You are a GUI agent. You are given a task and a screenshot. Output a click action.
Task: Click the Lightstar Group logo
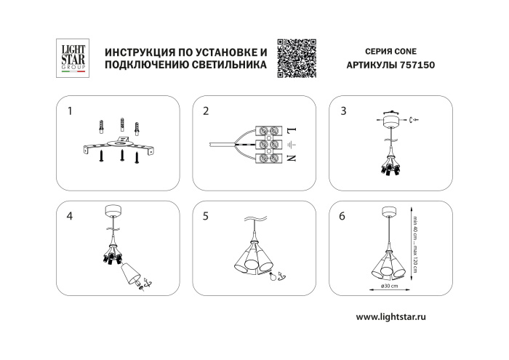click(71, 57)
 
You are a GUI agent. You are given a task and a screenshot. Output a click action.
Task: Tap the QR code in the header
click(298, 56)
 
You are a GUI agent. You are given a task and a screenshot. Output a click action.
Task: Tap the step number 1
click(70, 111)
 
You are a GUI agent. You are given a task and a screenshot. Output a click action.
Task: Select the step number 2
click(206, 111)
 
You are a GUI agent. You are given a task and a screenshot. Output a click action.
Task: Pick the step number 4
click(70, 216)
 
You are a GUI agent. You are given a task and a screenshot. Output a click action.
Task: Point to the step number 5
click(206, 216)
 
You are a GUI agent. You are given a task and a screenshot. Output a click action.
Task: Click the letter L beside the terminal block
click(291, 131)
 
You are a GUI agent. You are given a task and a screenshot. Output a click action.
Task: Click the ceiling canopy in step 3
click(393, 119)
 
